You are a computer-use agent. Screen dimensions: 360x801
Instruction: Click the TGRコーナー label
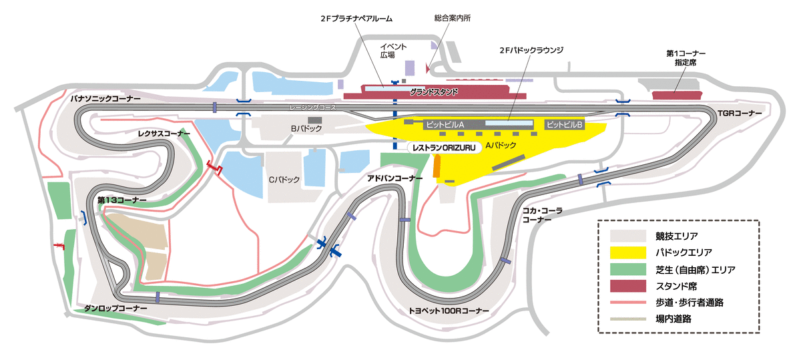coord(740,113)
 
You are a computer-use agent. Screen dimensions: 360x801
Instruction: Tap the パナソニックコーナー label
coord(105,98)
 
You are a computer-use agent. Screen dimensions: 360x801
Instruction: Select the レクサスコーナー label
coord(164,134)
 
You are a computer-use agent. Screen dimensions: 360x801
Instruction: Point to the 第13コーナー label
coord(122,200)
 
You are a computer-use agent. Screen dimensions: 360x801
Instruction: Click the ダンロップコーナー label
coord(115,309)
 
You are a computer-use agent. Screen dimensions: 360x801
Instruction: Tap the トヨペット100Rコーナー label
coord(449,311)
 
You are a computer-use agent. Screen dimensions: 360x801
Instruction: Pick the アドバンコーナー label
coord(395,178)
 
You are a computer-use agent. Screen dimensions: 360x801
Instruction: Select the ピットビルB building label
coord(564,124)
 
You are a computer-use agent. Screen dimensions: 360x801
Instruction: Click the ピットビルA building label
coord(445,124)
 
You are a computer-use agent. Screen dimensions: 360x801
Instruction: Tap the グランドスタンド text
coord(434,92)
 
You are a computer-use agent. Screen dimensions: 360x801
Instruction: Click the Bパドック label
coord(306,128)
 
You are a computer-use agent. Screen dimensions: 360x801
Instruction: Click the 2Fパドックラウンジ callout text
coord(532,50)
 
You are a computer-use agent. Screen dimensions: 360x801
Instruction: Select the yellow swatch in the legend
coord(628,252)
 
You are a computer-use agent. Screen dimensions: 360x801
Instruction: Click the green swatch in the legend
coord(628,269)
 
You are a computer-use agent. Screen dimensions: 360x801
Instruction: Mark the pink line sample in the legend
coord(628,303)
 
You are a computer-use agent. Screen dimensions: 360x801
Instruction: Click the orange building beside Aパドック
coord(437,167)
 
